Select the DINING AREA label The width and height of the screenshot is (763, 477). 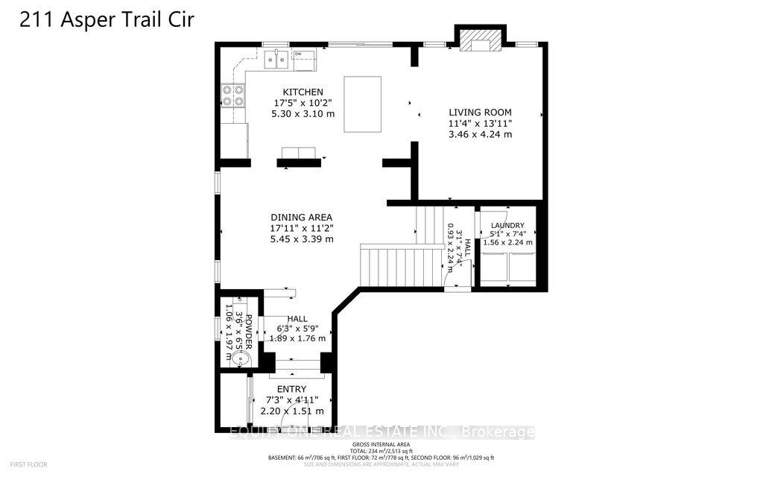point(302,218)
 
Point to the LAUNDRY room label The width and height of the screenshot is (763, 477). point(507,225)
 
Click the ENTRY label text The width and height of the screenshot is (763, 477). point(291,389)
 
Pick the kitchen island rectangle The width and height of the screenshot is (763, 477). point(362,104)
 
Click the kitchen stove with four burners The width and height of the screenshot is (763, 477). point(232,96)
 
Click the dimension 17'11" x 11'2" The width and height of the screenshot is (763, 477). point(302,229)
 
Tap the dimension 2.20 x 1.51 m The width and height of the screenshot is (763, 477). point(291,411)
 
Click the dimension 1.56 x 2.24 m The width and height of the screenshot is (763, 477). point(507,242)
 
